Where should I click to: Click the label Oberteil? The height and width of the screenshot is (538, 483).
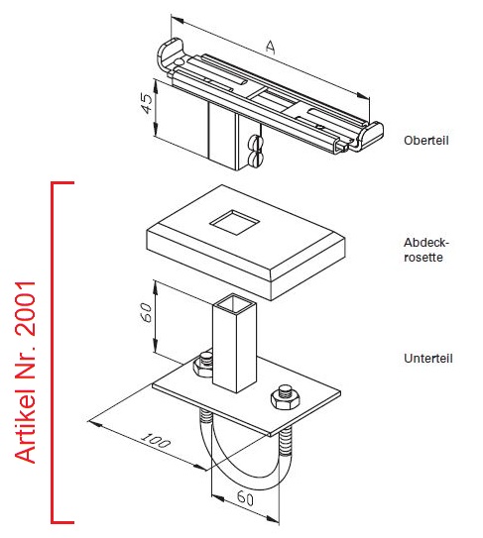pyautogui.click(x=426, y=141)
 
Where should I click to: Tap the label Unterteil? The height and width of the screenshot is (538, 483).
pyautogui.click(x=428, y=359)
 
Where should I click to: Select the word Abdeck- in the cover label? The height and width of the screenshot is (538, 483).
pyautogui.click(x=426, y=243)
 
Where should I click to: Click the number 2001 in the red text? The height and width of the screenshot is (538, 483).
pyautogui.click(x=26, y=308)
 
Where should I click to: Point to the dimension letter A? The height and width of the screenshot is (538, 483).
pyautogui.click(x=271, y=47)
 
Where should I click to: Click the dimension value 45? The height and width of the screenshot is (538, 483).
pyautogui.click(x=147, y=103)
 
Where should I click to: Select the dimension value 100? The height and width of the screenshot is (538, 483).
pyautogui.click(x=156, y=440)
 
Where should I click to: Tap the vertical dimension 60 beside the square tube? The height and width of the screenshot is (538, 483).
pyautogui.click(x=146, y=312)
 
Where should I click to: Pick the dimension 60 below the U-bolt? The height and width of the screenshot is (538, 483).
pyautogui.click(x=245, y=497)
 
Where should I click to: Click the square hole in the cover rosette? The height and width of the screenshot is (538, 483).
pyautogui.click(x=234, y=222)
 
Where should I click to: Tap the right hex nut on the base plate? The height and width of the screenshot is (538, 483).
pyautogui.click(x=285, y=396)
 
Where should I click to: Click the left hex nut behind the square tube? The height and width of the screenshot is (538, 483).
pyautogui.click(x=203, y=365)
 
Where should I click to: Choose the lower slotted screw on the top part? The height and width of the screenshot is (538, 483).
pyautogui.click(x=254, y=159)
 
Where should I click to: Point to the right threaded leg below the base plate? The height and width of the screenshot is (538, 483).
pyautogui.click(x=285, y=443)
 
